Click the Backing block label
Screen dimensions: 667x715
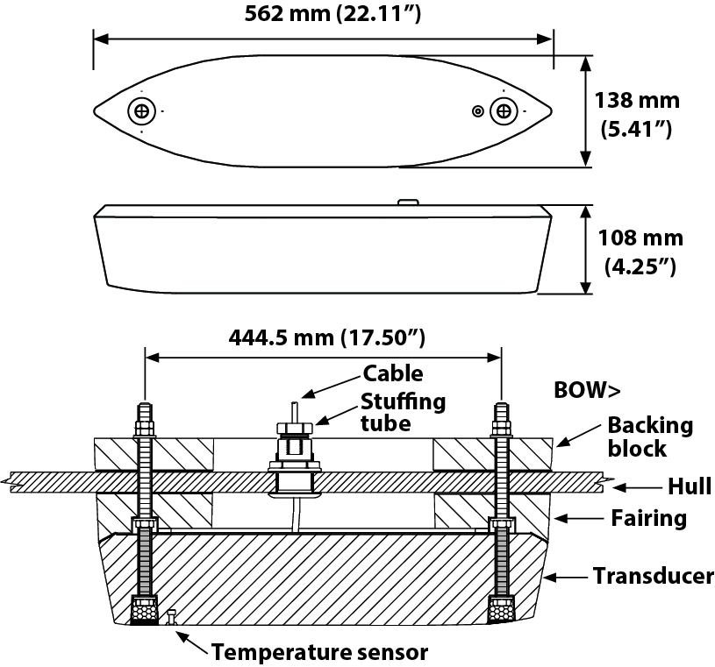(650, 437)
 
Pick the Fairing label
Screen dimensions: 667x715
(648, 519)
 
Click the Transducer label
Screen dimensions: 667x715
(653, 577)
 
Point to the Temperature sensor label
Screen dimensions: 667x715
(319, 652)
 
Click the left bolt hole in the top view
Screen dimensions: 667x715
(140, 111)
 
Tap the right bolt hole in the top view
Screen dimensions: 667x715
(503, 111)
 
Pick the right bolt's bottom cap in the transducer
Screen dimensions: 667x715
(501, 610)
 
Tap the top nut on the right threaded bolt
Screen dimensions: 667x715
(501, 429)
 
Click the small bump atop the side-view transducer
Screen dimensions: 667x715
(407, 202)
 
